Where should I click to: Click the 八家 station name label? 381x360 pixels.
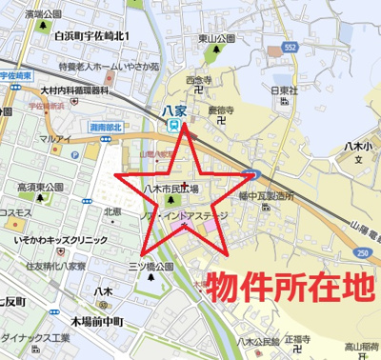(x=173, y=110)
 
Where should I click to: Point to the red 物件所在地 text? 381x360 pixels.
(x=293, y=287)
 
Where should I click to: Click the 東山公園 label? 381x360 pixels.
(x=215, y=39)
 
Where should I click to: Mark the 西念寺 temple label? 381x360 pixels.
(x=197, y=80)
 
